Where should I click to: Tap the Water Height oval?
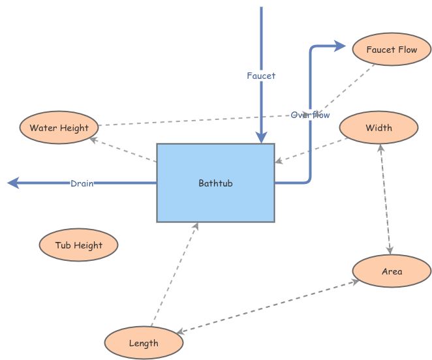[59, 128]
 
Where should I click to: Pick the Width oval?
[378, 128]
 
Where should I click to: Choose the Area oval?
[392, 271]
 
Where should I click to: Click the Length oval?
[143, 343]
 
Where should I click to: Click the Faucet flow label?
[261, 76]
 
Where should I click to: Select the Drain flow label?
[82, 183]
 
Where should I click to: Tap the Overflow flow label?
[310, 115]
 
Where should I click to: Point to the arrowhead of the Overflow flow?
[339, 46]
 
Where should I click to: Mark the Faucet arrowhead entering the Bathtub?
[261, 137]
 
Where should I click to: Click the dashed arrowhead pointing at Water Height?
[93, 138]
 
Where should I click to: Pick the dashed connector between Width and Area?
[386, 199]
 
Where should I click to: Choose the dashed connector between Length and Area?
[268, 307]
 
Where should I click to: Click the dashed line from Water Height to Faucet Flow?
[196, 120]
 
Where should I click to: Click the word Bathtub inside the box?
[215, 183]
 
